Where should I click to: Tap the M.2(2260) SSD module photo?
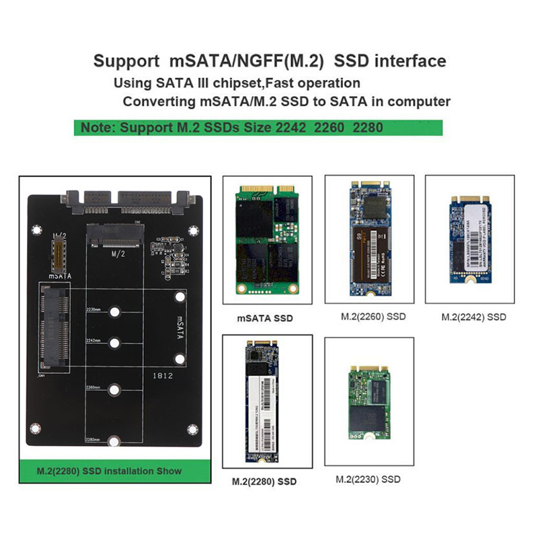(369, 241)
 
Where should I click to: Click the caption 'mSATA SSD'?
(266, 318)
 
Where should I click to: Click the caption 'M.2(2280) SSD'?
(264, 482)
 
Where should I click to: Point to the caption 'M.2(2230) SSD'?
(368, 479)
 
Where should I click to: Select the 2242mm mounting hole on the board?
(115, 344)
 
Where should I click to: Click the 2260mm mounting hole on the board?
(115, 390)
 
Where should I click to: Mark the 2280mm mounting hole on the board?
(115, 441)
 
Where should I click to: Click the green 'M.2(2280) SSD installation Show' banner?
(109, 471)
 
